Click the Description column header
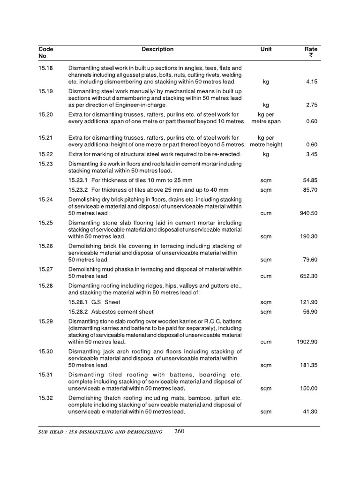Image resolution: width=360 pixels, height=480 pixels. coord(157,49)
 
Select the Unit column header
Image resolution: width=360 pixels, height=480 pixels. coord(266,49)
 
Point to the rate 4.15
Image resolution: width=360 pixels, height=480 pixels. coord(311,82)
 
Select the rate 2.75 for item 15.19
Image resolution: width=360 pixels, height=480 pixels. coord(311,105)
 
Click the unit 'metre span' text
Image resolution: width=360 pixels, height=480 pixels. coord(266,121)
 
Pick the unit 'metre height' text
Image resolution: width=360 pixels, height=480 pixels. coord(266,145)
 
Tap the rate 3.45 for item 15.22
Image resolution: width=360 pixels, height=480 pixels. coord(311,155)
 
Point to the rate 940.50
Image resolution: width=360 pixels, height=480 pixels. coord(308,213)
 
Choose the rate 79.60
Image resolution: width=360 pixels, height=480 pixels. coord(310,260)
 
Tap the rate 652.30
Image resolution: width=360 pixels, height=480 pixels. coord(308,277)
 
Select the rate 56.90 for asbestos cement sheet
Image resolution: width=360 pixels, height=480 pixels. coord(310,312)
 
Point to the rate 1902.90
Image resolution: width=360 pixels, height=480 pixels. coord(307,342)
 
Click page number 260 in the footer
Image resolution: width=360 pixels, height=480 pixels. coord(179,432)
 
